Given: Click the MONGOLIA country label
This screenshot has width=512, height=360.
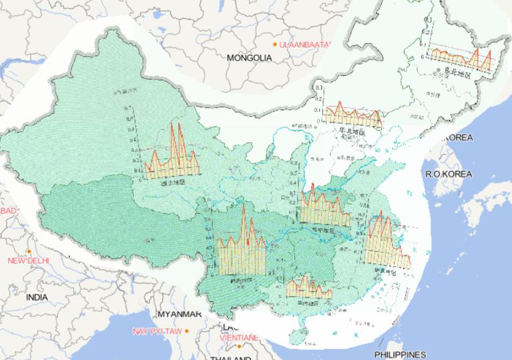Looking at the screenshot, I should point(249,58).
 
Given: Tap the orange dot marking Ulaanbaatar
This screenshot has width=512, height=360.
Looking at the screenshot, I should point(275,44).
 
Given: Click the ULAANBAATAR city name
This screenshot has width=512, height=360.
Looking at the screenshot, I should point(305,44).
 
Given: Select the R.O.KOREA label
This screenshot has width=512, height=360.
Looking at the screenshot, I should point(448,173).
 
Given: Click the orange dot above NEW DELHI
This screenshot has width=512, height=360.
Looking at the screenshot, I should point(29,251).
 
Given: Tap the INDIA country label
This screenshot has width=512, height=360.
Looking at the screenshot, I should point(37,297).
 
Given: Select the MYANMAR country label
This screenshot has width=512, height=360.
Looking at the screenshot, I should point(179,314).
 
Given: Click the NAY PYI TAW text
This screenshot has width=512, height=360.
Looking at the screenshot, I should point(157,331).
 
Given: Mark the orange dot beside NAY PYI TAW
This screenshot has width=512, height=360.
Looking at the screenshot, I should point(187,331).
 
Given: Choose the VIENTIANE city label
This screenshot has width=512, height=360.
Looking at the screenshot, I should point(238,337).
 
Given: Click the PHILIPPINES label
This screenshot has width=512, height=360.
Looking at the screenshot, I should point(399,354).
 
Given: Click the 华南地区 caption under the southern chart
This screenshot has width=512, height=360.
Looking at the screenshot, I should point(308,302).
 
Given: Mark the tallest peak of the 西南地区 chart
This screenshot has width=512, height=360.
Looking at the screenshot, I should point(243,203).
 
